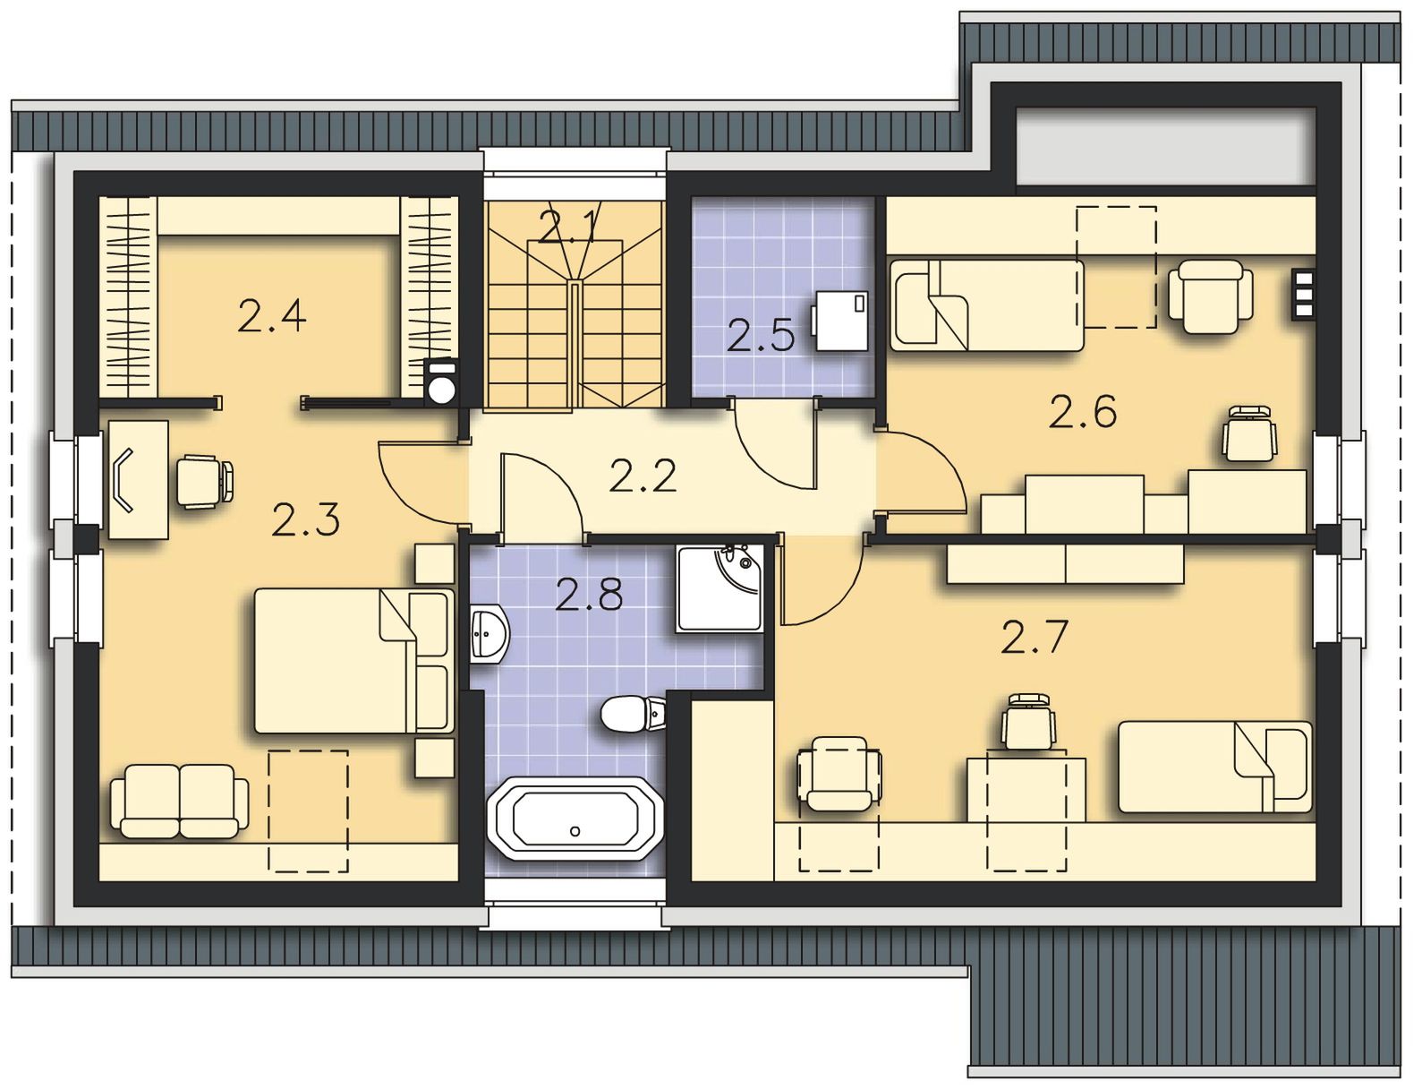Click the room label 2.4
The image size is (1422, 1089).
point(271,316)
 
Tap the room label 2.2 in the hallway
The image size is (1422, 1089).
point(643,476)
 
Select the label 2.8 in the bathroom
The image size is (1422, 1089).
point(589,595)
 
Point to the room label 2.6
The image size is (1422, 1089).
point(1083,412)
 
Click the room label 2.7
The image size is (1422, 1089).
point(1034,637)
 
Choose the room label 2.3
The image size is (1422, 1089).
point(306,519)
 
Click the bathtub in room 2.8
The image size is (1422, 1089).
point(575,819)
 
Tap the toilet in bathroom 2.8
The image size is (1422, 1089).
point(633,715)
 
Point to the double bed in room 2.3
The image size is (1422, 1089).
point(353,661)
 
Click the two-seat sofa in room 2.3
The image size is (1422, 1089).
point(180,802)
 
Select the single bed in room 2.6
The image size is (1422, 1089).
point(987,305)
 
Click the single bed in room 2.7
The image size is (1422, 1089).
point(1214,767)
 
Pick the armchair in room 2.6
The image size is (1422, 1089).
point(1210,296)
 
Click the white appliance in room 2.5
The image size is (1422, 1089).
point(840,321)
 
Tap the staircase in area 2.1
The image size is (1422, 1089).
point(575,304)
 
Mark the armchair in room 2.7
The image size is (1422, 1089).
point(839,774)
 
